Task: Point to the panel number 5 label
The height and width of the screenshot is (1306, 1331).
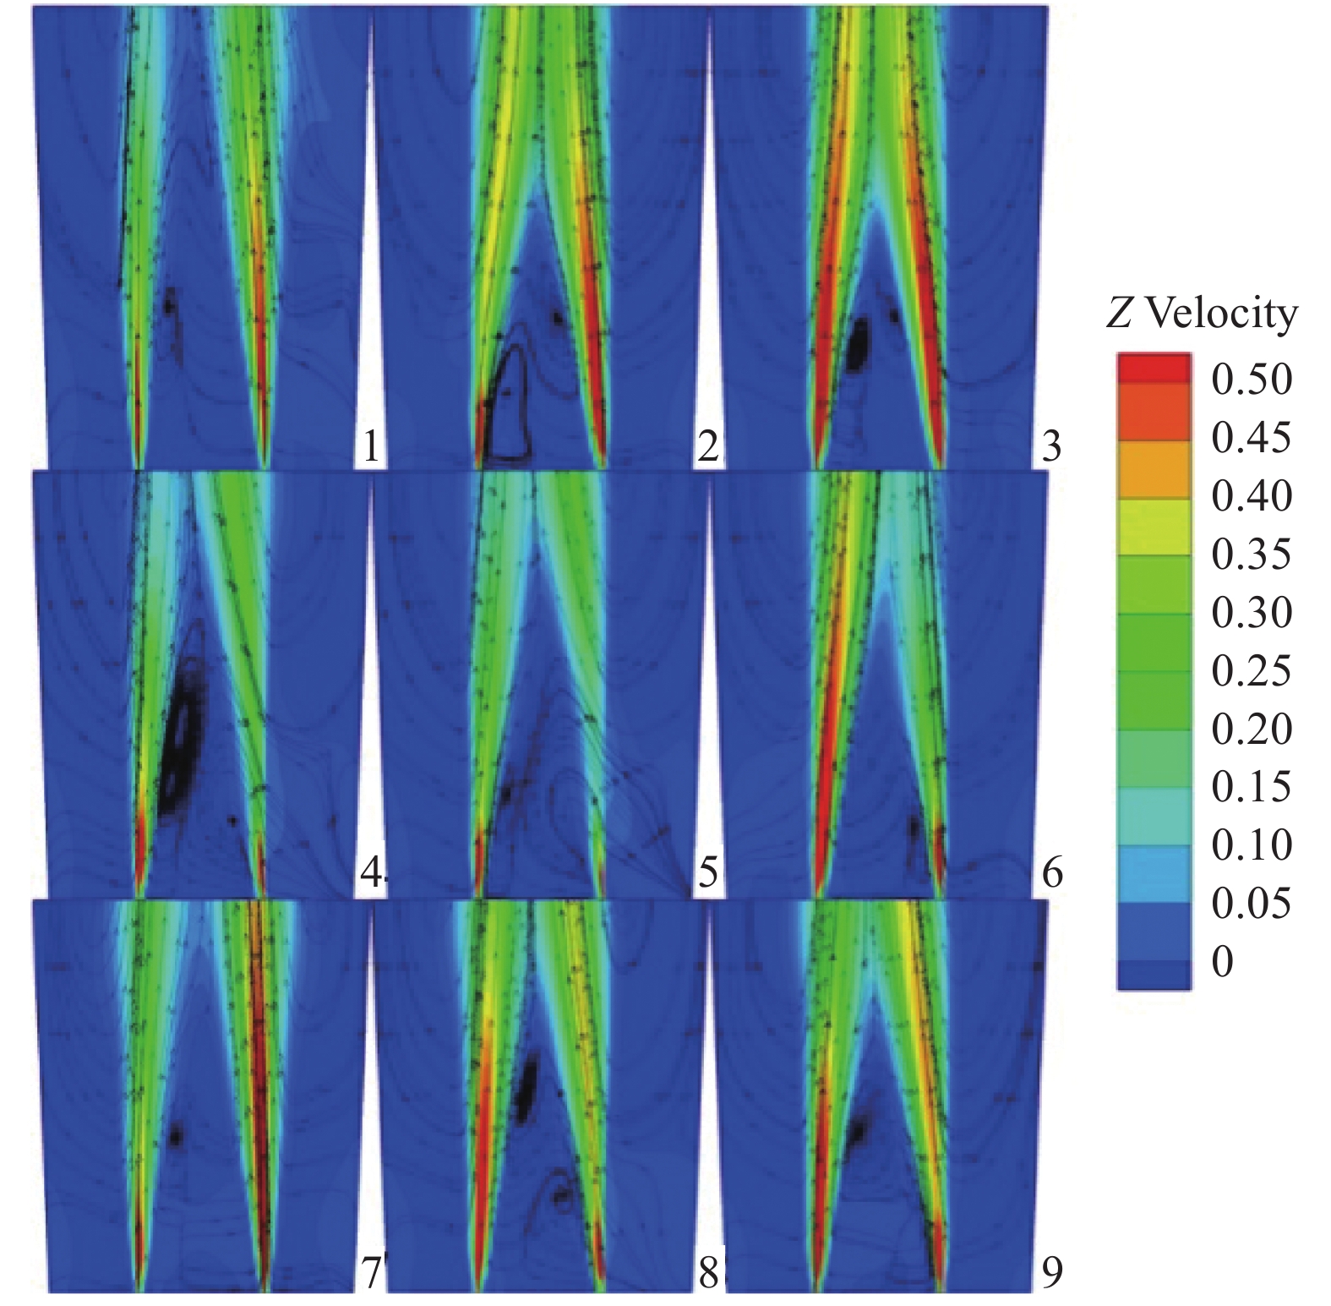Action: pos(708,872)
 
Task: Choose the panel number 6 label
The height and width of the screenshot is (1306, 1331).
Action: pos(1051,872)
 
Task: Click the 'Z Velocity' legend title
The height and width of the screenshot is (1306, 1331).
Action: pos(1201,314)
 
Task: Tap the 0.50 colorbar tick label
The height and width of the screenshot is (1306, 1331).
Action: pos(1251,380)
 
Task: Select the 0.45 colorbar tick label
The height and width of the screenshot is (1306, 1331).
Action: pos(1251,438)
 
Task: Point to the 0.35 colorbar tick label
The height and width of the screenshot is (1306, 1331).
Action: pos(1251,555)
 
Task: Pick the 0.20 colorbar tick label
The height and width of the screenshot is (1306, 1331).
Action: pos(1251,729)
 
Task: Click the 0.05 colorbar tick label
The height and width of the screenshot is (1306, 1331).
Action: pos(1251,904)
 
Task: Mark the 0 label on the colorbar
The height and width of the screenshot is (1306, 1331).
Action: pos(1222,962)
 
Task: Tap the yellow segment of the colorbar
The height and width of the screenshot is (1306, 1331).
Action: pos(1154,527)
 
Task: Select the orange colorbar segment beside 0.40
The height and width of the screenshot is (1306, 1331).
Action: pos(1154,469)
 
